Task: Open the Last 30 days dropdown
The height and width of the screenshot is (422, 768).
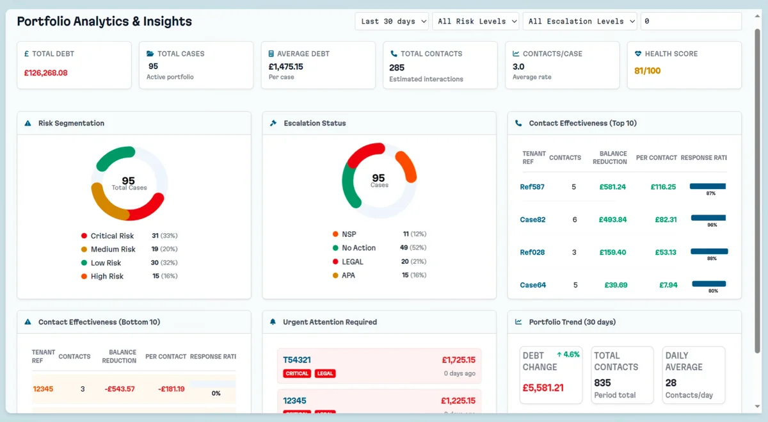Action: [x=392, y=21]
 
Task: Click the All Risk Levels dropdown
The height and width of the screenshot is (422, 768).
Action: [x=477, y=21]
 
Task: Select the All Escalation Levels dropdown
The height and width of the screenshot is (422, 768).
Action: [x=580, y=21]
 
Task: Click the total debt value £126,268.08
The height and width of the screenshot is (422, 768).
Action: [x=45, y=73]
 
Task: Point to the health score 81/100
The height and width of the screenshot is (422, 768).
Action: [x=647, y=70]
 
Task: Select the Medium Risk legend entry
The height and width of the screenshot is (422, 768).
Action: [x=113, y=249]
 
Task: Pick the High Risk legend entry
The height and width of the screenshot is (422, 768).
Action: [x=107, y=276]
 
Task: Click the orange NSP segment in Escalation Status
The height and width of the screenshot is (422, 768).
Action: [x=408, y=167]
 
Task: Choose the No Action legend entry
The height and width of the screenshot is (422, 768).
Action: [x=358, y=248]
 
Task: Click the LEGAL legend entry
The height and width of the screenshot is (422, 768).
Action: [x=353, y=262]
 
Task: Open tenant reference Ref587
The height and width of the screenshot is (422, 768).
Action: [x=532, y=187]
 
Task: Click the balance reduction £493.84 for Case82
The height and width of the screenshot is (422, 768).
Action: [x=612, y=220]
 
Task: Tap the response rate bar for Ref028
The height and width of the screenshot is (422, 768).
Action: [x=709, y=252]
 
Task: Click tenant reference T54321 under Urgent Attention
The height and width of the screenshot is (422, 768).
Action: [x=297, y=360]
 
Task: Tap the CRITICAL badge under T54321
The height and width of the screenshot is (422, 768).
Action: [x=297, y=373]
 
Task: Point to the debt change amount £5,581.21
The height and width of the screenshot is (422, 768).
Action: [x=543, y=387]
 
